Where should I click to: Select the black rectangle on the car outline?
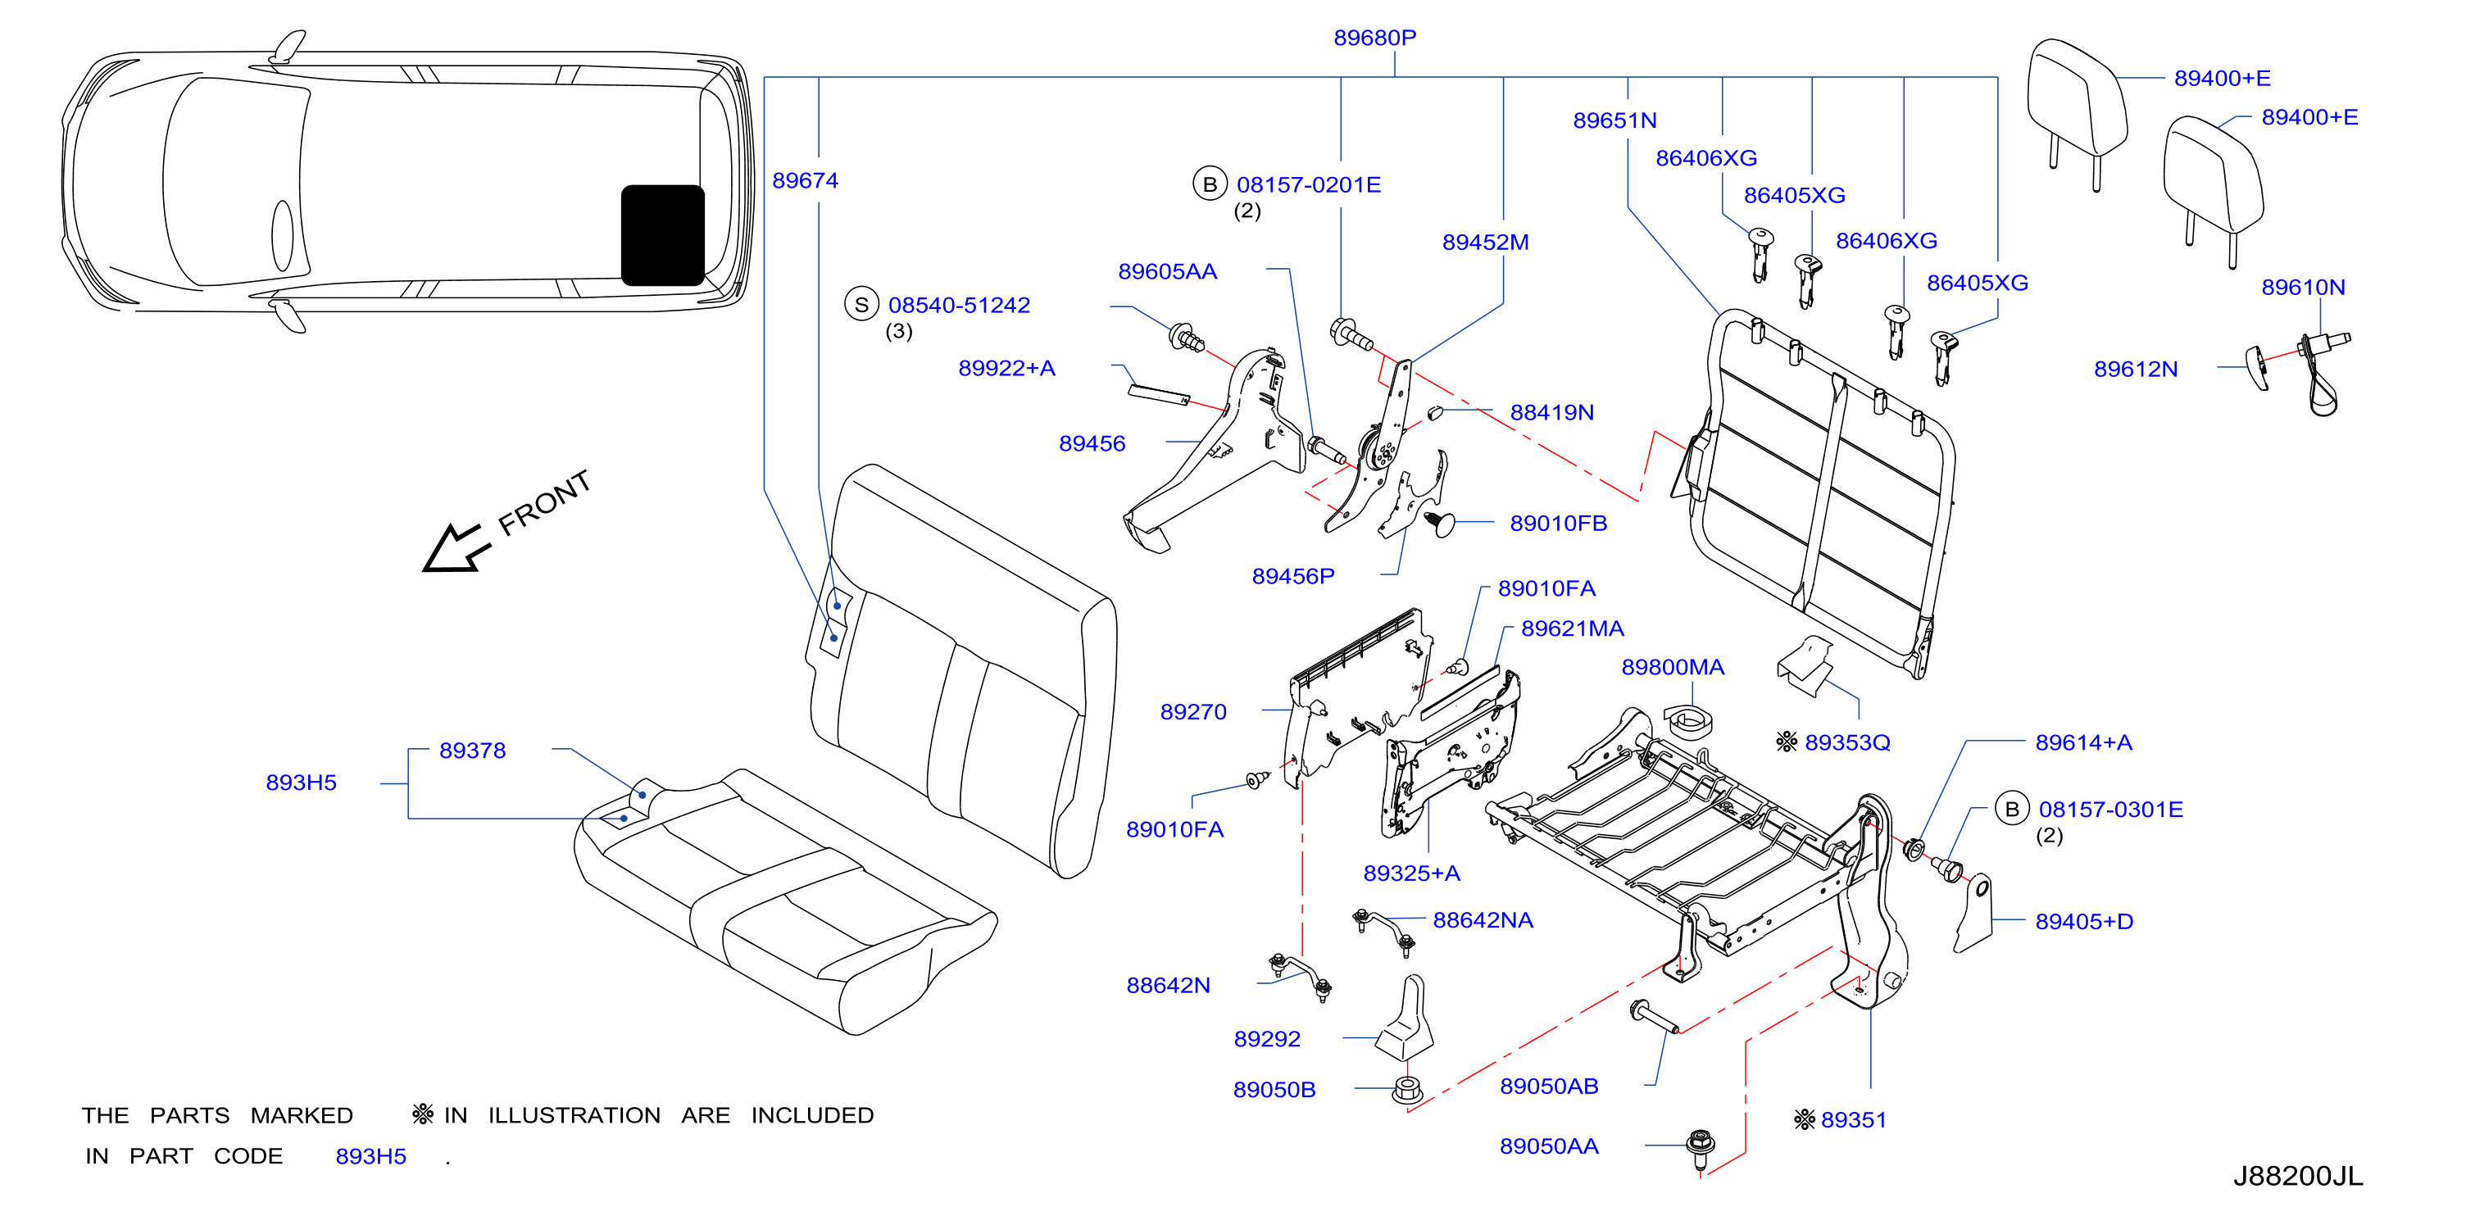[663, 235]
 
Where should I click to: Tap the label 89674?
[805, 180]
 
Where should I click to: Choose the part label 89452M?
[1485, 242]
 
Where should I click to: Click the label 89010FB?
[1559, 524]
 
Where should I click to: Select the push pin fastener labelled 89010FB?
[1440, 524]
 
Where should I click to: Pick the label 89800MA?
[1673, 667]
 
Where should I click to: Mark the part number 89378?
[473, 750]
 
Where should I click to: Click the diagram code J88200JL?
[2297, 1176]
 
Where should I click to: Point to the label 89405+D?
[2084, 921]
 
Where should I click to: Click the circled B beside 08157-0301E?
[2012, 809]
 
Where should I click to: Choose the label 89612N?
[2136, 369]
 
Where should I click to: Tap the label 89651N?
[1615, 120]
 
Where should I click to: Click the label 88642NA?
[1483, 920]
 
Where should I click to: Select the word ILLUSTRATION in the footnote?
[574, 1115]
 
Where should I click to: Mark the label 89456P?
[1293, 576]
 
